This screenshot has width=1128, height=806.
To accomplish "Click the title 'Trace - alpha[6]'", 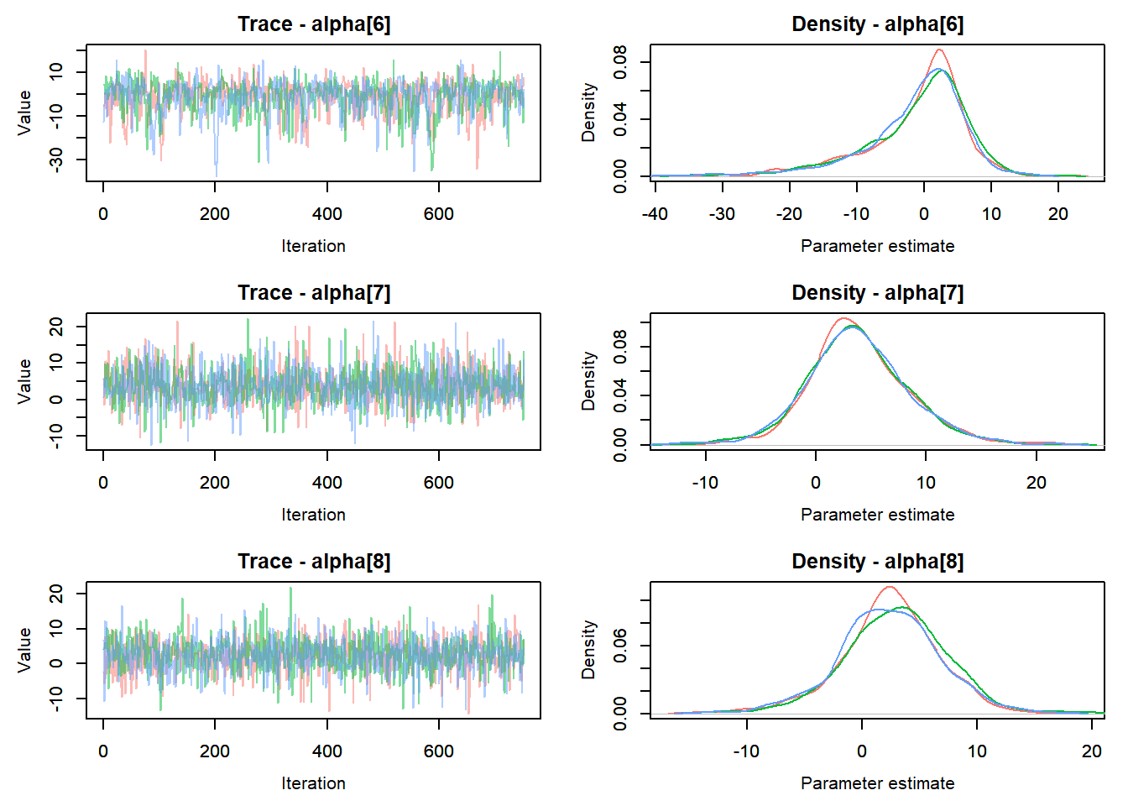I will (x=313, y=24).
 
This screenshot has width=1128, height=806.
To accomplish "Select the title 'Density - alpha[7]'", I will (x=877, y=293).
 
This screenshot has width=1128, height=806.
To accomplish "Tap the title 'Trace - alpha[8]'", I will (x=313, y=562).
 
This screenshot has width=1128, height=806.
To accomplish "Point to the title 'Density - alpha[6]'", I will (x=877, y=24).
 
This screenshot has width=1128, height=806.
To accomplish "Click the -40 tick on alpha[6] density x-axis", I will (x=655, y=214).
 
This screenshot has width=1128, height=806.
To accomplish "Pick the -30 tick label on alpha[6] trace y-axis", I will (x=56, y=160).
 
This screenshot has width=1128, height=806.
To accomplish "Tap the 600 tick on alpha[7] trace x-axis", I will (x=439, y=483).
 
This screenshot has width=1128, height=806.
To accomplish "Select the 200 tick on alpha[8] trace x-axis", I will (x=215, y=751).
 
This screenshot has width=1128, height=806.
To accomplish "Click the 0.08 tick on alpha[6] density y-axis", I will (x=620, y=62).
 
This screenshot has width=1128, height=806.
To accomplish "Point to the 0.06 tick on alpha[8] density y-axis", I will (x=620, y=646).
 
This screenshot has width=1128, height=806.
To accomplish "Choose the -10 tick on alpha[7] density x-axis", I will (x=705, y=483).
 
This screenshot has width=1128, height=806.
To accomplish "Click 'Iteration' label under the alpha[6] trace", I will (x=313, y=246).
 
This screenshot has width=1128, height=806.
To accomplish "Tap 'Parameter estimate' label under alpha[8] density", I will (x=877, y=783).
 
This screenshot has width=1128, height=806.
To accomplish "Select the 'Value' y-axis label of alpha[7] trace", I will (x=24, y=382).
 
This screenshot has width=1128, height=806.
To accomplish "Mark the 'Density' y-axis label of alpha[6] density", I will (x=588, y=113).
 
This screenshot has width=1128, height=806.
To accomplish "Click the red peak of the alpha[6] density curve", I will (x=938, y=50).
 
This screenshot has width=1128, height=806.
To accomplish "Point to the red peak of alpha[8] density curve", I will (x=890, y=587).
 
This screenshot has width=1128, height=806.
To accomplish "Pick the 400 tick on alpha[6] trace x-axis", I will (x=327, y=214).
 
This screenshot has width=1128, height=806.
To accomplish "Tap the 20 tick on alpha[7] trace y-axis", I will (x=56, y=326).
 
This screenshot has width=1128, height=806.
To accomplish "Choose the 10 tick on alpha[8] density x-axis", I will (x=977, y=751).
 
